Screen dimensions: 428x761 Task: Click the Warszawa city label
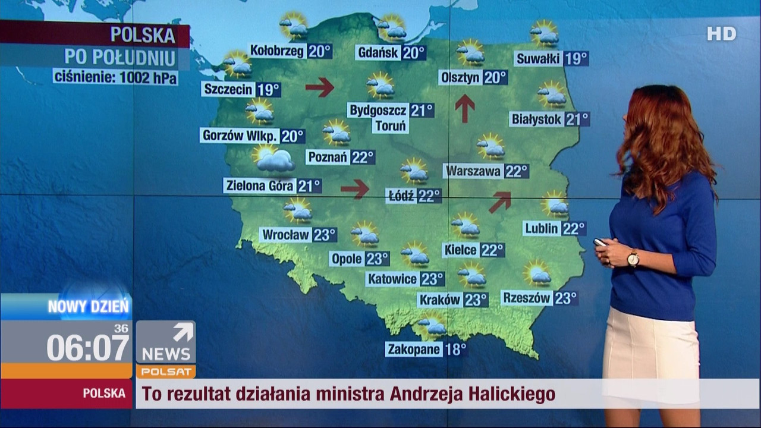coord(473,171)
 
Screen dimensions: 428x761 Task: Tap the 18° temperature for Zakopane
coord(455,349)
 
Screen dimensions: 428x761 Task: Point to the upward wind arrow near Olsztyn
coord(465,108)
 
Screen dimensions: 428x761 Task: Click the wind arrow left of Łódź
coord(355,188)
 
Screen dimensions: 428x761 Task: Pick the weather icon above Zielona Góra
coord(273,158)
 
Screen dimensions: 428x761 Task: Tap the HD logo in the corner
coord(721,34)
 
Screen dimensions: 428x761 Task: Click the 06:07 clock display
coord(87,347)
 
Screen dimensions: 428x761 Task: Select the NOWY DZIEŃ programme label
coord(88,307)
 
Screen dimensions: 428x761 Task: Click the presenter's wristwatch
coord(633,259)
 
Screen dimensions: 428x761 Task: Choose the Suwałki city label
coord(538,58)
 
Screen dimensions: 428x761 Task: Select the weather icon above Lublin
coord(555,204)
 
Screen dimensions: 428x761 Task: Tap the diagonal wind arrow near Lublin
coord(500,202)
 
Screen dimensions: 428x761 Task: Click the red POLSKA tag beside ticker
coord(104,393)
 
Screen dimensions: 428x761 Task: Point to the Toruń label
coord(390,125)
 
